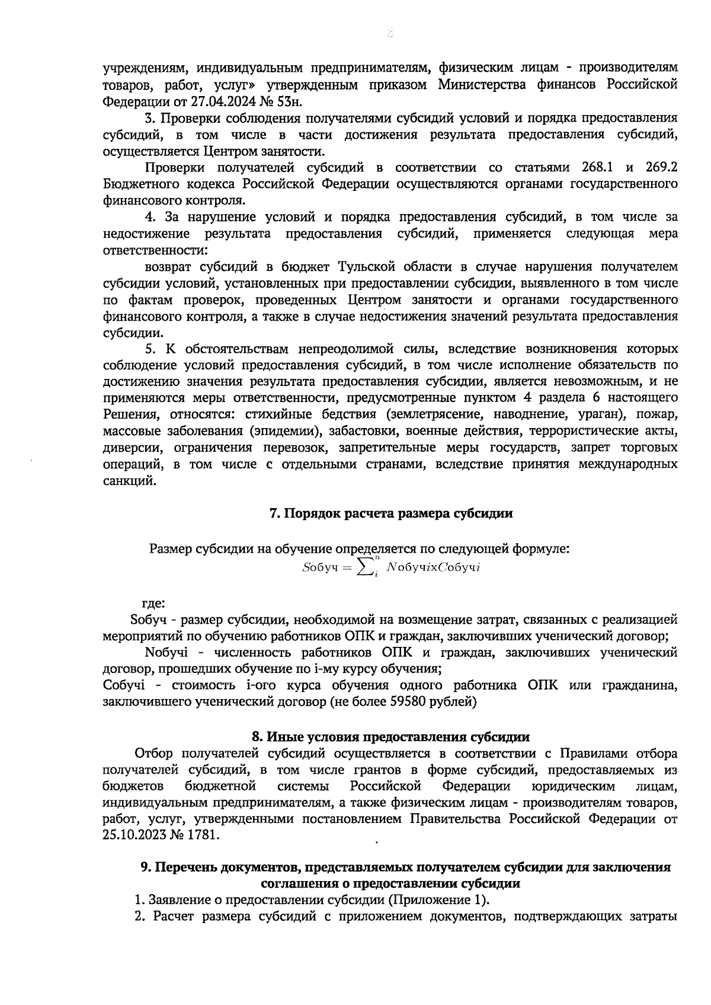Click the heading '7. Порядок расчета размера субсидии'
391,514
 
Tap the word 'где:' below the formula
153,604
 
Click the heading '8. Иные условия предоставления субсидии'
390,737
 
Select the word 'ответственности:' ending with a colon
155,250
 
